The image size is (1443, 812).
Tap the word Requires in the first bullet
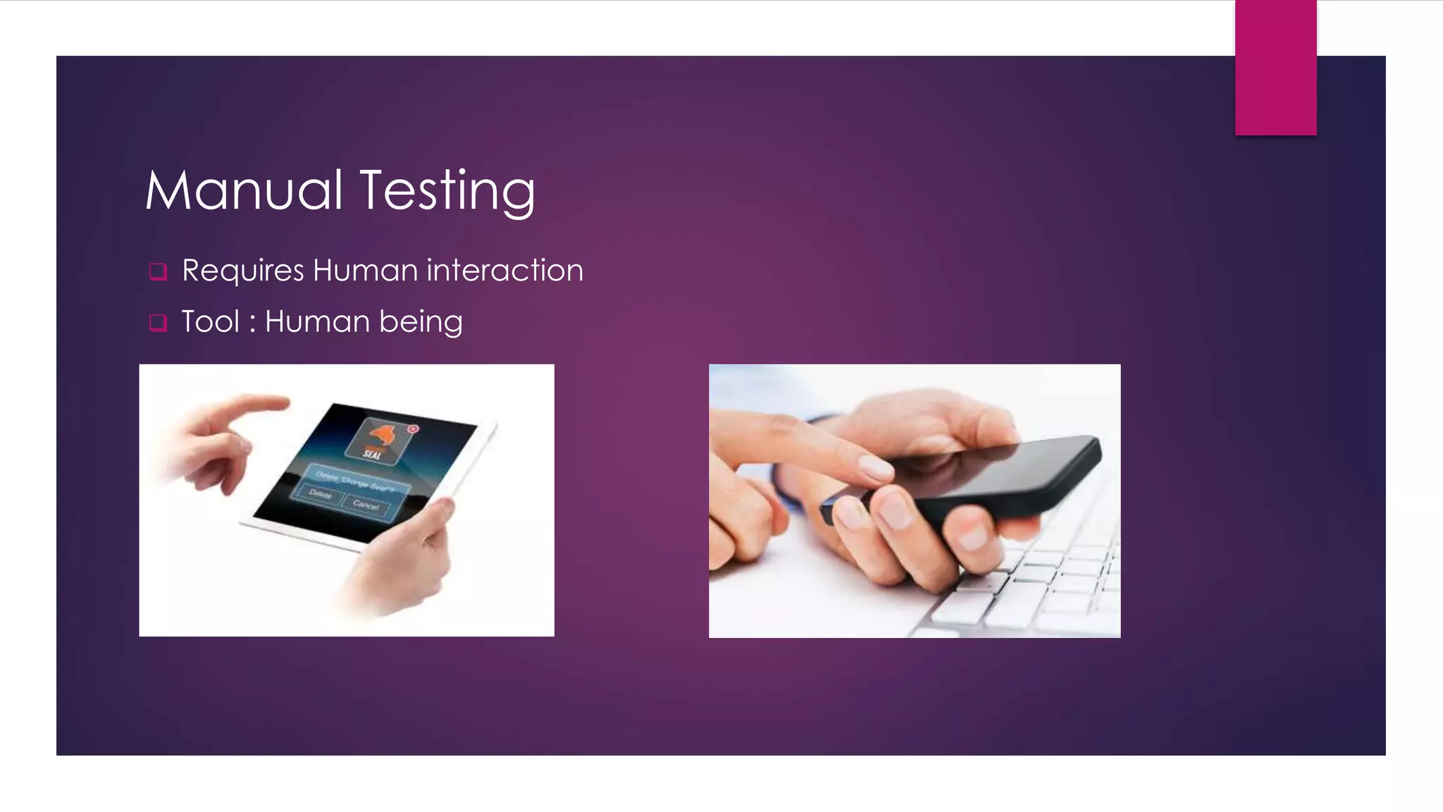click(x=243, y=271)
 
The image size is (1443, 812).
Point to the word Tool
click(x=210, y=321)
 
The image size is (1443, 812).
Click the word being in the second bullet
click(x=421, y=322)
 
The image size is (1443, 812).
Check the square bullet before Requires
click(x=159, y=271)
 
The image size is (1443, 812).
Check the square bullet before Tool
click(x=159, y=323)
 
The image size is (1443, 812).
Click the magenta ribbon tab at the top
click(x=1275, y=67)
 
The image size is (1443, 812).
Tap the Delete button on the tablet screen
click(x=321, y=494)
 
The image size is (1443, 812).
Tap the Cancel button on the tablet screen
click(x=366, y=505)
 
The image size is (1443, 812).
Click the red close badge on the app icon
click(x=414, y=429)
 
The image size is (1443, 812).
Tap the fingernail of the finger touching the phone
click(x=876, y=467)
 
